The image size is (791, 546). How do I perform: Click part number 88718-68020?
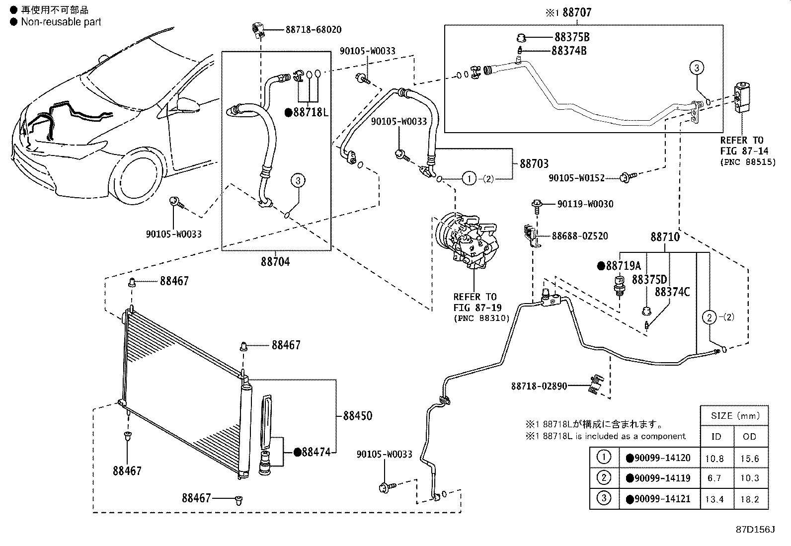[x=314, y=30]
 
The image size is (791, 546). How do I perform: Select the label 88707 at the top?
[x=577, y=13]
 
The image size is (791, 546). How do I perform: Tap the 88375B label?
[x=572, y=37]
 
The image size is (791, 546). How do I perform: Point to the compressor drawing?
[x=467, y=240]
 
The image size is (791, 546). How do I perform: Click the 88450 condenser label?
[x=357, y=416]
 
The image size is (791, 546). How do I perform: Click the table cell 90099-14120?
[x=662, y=458]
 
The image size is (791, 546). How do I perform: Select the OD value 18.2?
[x=749, y=499]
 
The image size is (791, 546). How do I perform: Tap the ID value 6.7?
[x=714, y=478]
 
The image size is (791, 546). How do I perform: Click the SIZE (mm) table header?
[x=735, y=416]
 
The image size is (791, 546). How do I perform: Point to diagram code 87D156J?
[x=755, y=530]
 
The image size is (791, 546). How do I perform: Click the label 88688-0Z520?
[x=580, y=236]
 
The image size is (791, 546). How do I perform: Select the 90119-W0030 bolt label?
[x=585, y=204]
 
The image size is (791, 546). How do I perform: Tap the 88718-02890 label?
[x=539, y=387]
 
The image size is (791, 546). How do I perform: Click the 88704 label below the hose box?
[x=275, y=262]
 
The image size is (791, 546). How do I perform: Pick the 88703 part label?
[x=534, y=164]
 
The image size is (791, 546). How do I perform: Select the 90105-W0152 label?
[x=576, y=178]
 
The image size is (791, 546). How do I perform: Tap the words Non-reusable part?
[x=61, y=22]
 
